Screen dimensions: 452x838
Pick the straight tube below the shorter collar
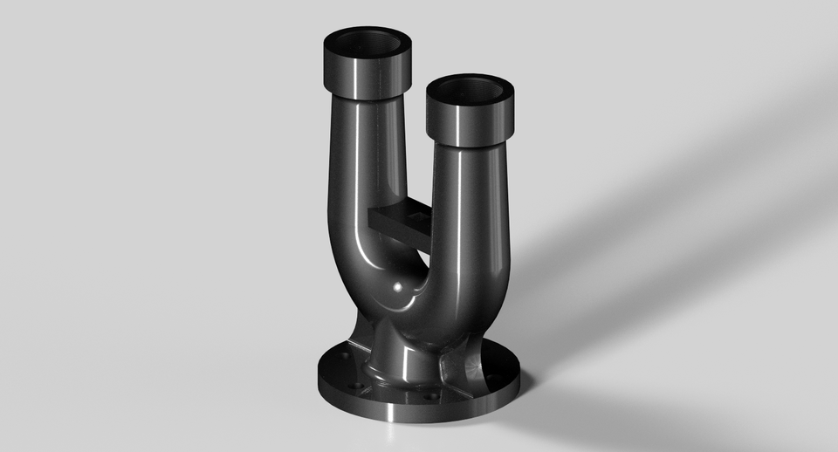click(471, 201)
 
